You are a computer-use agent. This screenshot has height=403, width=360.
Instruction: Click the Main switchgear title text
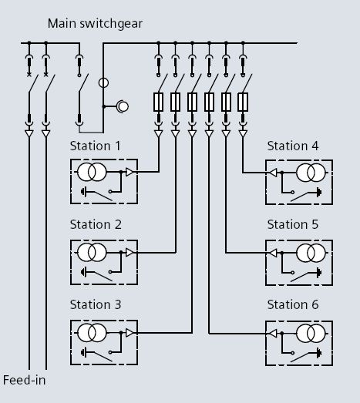[95, 24]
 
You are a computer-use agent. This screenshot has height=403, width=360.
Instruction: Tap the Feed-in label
[22, 380]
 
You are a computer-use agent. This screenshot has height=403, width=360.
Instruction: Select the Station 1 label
[96, 146]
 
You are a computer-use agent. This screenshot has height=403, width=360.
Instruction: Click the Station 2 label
[96, 225]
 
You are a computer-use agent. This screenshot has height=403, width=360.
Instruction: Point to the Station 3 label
[96, 304]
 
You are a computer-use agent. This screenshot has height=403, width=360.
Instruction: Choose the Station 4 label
[293, 146]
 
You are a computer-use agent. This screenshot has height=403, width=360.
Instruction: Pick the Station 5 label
[293, 225]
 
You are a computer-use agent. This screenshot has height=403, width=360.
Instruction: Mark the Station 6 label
[293, 304]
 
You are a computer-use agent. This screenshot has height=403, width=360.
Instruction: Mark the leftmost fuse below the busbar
[158, 102]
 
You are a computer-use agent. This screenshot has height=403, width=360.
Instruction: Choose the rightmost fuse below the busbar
[243, 102]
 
